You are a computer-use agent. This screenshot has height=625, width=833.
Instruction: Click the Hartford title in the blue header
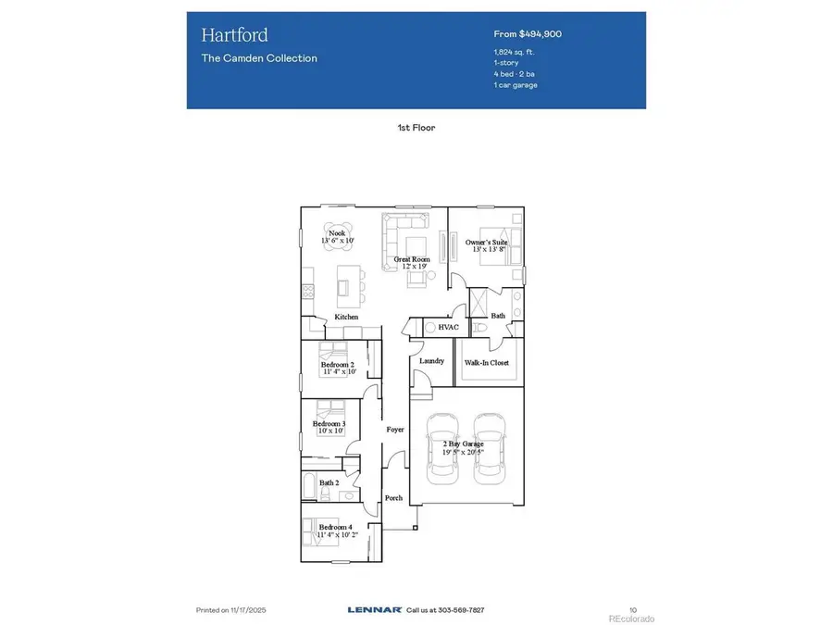point(235,35)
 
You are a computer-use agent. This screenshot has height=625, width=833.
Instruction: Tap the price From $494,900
point(528,33)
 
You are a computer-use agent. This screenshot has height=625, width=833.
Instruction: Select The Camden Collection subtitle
point(259,57)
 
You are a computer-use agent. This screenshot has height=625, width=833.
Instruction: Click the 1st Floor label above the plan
point(416,128)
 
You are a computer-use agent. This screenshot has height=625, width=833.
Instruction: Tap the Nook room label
point(337,233)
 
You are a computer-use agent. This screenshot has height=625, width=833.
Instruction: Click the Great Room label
point(412,260)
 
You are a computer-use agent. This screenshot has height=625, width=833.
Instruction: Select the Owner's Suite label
point(487,243)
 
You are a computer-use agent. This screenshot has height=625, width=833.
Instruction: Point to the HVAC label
point(449,327)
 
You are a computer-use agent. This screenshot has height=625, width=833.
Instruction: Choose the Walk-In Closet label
point(487,363)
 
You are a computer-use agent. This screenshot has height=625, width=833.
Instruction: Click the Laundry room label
point(431,361)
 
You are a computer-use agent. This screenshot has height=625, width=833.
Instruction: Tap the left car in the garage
point(442,448)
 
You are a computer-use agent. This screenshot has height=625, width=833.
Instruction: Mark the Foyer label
point(394,430)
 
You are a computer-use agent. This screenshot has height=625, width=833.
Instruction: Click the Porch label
point(393,498)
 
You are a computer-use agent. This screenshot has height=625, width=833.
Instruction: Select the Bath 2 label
point(329,482)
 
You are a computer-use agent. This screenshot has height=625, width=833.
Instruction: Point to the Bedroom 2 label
point(338,365)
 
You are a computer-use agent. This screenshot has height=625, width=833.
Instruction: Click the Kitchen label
point(346,318)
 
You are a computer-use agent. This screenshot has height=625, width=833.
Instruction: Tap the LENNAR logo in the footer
point(374,609)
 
